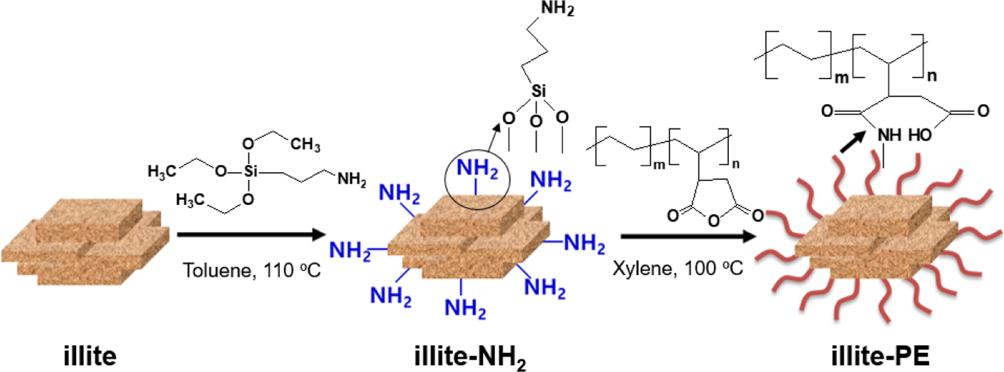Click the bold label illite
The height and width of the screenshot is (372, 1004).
click(x=90, y=356)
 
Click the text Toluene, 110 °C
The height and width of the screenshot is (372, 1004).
click(x=252, y=270)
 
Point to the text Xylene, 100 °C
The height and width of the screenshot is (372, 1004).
click(x=677, y=268)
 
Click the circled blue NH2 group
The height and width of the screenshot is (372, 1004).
click(x=477, y=169)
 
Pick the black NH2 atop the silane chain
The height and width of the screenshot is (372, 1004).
click(x=557, y=9)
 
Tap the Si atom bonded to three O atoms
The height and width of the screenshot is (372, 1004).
click(x=538, y=91)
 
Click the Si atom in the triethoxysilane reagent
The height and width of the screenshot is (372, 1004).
click(x=250, y=171)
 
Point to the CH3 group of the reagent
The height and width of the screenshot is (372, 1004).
click(x=305, y=144)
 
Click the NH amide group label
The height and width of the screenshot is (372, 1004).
click(x=889, y=136)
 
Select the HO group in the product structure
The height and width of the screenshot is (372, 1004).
click(x=920, y=136)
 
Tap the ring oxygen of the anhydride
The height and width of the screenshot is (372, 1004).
click(x=713, y=219)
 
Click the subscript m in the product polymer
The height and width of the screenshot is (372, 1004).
click(x=841, y=78)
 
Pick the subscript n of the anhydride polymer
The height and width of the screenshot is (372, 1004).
click(x=735, y=164)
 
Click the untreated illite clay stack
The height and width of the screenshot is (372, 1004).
click(x=85, y=242)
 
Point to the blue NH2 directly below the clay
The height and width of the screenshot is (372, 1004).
click(x=465, y=308)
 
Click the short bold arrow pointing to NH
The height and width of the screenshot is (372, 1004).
click(x=852, y=143)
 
